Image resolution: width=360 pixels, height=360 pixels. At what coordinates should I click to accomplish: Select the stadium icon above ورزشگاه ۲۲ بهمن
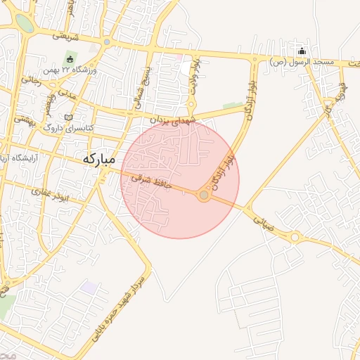pyautogui.click(x=70, y=58)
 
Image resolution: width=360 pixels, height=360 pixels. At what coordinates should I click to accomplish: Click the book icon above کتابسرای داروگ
pyautogui.click(x=68, y=117)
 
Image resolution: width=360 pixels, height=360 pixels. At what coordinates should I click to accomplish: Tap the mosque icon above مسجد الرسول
pyautogui.click(x=302, y=51)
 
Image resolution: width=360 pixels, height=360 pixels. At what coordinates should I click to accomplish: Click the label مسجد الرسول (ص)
pyautogui.click(x=301, y=63)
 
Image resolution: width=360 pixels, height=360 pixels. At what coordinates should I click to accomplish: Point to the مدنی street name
pyautogui.click(x=67, y=91)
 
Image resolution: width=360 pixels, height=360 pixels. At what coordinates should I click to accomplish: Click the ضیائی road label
pyautogui.click(x=263, y=223)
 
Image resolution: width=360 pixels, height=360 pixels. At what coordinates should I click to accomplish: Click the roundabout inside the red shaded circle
pyautogui.click(x=204, y=195)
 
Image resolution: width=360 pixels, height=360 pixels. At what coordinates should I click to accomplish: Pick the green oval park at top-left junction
pyautogui.click(x=25, y=23)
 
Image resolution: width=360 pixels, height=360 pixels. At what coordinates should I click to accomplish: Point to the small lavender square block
pyautogui.click(x=89, y=287)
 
